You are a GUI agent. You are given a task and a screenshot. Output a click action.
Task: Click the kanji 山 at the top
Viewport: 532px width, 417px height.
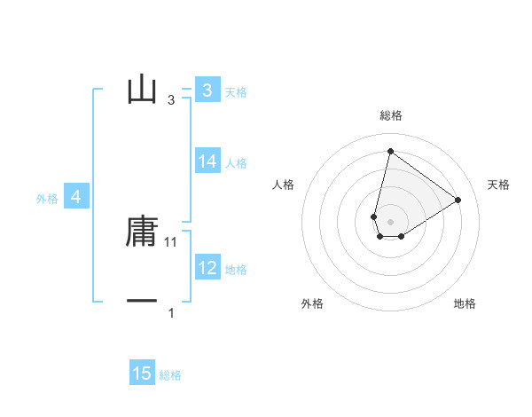point(142,90)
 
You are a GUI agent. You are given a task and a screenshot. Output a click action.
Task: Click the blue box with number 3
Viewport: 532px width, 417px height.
point(207,90)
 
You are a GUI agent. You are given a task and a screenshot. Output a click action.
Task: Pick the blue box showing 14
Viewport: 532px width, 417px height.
point(207,161)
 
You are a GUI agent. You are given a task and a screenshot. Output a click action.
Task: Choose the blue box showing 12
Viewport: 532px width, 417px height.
point(207,267)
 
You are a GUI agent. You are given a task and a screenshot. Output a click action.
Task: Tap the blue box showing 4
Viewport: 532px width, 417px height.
point(76,197)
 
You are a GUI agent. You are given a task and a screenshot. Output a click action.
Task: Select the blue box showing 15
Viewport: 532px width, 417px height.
point(142,374)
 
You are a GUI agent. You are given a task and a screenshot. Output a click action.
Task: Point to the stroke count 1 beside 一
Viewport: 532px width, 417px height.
point(171,313)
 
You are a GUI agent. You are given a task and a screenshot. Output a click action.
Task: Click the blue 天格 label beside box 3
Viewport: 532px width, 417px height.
point(236,91)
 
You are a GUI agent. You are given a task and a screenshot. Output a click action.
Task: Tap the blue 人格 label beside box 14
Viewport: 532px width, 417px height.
point(236,163)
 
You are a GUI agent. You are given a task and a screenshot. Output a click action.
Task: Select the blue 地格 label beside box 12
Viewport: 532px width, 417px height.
point(236,270)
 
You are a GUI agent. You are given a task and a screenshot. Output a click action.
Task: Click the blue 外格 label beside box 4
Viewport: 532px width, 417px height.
point(47,200)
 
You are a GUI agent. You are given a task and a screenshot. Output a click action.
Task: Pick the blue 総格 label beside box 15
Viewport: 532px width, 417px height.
point(170,376)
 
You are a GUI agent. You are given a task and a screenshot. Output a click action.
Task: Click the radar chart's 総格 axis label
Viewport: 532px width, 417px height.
point(390,115)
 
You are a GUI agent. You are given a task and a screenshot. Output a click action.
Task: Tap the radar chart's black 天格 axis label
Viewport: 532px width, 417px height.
point(498,185)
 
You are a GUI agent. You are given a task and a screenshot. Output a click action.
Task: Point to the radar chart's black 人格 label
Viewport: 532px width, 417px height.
point(284,185)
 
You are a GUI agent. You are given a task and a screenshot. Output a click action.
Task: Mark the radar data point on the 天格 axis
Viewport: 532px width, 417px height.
point(458,200)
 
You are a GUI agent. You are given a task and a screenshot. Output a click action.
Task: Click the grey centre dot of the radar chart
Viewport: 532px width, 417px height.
point(390,222)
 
